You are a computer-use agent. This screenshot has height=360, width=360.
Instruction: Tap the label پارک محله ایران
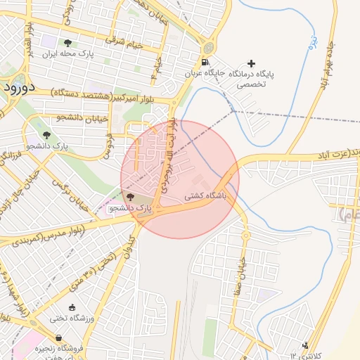[67, 54]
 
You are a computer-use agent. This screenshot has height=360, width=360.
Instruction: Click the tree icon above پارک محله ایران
[67, 43]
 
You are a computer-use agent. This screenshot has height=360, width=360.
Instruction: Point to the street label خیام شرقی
[124, 43]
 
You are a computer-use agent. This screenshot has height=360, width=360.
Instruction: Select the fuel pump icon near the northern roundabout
[207, 48]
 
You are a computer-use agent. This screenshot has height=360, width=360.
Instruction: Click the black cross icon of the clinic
[252, 63]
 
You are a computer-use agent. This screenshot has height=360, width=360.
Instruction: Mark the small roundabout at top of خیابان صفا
[245, 235]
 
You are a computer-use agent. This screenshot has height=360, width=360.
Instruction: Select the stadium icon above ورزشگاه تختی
[72, 307]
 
